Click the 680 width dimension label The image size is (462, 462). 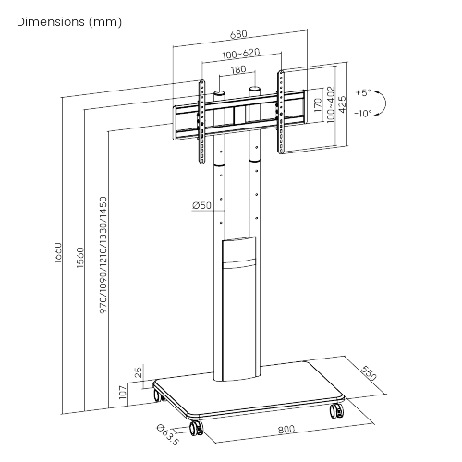tap(238, 34)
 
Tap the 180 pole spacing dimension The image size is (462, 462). tap(238, 70)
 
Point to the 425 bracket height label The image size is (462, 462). tap(342, 104)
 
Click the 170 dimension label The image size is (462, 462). tap(318, 104)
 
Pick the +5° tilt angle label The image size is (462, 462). tap(363, 92)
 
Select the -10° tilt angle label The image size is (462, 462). tap(363, 114)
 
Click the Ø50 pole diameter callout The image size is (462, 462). tap(201, 205)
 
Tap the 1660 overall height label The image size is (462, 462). tap(58, 253)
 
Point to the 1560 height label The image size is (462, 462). tap(80, 257)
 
